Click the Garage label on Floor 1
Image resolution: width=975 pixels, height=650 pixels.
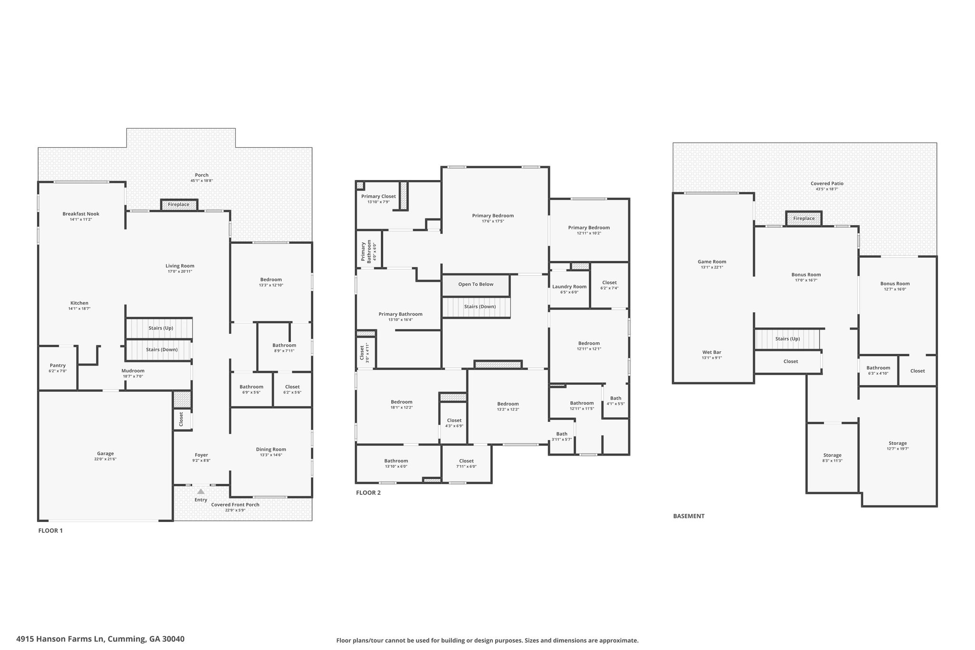point(105,453)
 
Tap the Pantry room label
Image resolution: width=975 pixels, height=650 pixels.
point(58,365)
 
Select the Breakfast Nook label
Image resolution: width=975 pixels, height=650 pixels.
point(81,214)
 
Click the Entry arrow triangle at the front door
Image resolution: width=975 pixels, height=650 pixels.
point(201,491)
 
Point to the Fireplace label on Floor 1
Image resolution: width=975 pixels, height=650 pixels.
point(179,205)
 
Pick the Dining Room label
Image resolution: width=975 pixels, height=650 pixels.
point(271,449)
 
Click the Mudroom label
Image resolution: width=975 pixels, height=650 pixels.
point(133,370)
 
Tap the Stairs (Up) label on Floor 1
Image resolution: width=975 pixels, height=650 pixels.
point(161,328)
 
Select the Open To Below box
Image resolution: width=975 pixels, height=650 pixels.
point(476,285)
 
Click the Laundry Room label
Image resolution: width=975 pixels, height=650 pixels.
point(569,287)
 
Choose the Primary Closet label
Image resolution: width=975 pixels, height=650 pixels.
point(378,196)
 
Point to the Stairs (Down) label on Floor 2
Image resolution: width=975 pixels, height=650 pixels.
point(480,307)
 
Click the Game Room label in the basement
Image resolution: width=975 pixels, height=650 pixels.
point(712,261)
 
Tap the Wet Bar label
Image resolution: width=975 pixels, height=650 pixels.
point(712,352)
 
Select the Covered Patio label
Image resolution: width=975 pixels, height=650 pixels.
point(827,183)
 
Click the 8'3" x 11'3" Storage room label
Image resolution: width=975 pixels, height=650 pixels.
point(832,455)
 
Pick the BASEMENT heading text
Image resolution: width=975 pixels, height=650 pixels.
point(688,516)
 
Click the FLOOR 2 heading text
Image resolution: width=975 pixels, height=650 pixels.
point(368,493)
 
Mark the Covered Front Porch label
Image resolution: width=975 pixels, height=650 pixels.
point(235,505)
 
